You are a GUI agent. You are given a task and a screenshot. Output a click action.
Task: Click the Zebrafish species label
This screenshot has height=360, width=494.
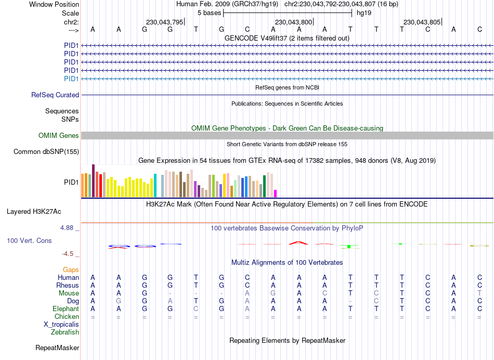point(65,332)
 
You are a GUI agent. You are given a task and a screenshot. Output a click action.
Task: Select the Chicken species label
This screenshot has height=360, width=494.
point(67,316)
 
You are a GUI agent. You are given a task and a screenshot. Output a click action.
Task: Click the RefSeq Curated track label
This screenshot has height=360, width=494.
point(55,95)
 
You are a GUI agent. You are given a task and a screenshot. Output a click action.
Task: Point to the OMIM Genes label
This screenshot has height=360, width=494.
point(59,135)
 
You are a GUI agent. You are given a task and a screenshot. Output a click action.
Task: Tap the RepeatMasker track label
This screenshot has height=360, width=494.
point(57,348)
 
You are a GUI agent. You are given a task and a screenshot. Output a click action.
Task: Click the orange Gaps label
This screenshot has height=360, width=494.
point(71,269)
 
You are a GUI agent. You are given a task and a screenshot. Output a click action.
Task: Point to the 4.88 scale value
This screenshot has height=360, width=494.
point(69,228)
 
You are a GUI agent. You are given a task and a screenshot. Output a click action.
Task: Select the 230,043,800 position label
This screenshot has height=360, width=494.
point(294,22)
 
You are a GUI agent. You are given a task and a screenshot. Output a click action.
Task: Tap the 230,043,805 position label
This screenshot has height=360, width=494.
point(422,22)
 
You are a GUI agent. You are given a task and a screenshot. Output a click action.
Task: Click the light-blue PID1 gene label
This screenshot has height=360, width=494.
point(71,79)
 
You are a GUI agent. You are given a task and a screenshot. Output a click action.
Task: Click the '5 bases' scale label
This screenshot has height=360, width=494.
point(209,12)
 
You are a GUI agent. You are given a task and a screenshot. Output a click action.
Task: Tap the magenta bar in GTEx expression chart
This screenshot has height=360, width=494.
point(276,194)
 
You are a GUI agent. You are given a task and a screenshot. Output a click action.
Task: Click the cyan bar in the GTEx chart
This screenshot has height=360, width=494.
point(155,186)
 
